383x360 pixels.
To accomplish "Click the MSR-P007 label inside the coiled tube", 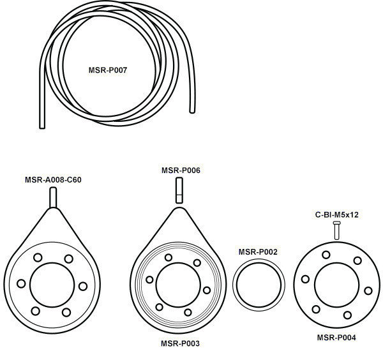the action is (108, 70).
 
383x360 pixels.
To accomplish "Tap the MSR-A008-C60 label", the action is (53, 180).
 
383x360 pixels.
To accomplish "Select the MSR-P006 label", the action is (181, 170).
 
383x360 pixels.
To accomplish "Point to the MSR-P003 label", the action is (180, 343).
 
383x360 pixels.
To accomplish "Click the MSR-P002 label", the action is (258, 251).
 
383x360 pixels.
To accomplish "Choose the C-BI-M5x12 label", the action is (337, 214).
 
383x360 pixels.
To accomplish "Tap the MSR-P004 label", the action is (336, 338).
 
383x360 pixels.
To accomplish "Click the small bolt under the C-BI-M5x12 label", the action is (336, 230).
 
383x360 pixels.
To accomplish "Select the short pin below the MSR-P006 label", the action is (179, 190).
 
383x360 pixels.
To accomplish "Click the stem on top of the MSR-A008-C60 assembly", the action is (53, 197).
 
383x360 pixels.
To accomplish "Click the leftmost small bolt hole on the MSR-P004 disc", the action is (305, 279).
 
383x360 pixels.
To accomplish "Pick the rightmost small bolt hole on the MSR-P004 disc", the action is (368, 291).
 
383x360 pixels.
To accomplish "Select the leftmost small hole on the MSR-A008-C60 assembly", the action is (21, 283).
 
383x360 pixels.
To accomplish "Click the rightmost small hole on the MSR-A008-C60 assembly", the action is (83, 286).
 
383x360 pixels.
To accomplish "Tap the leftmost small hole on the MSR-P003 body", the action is (149, 280).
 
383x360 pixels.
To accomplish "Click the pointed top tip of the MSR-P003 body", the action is (179, 208).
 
